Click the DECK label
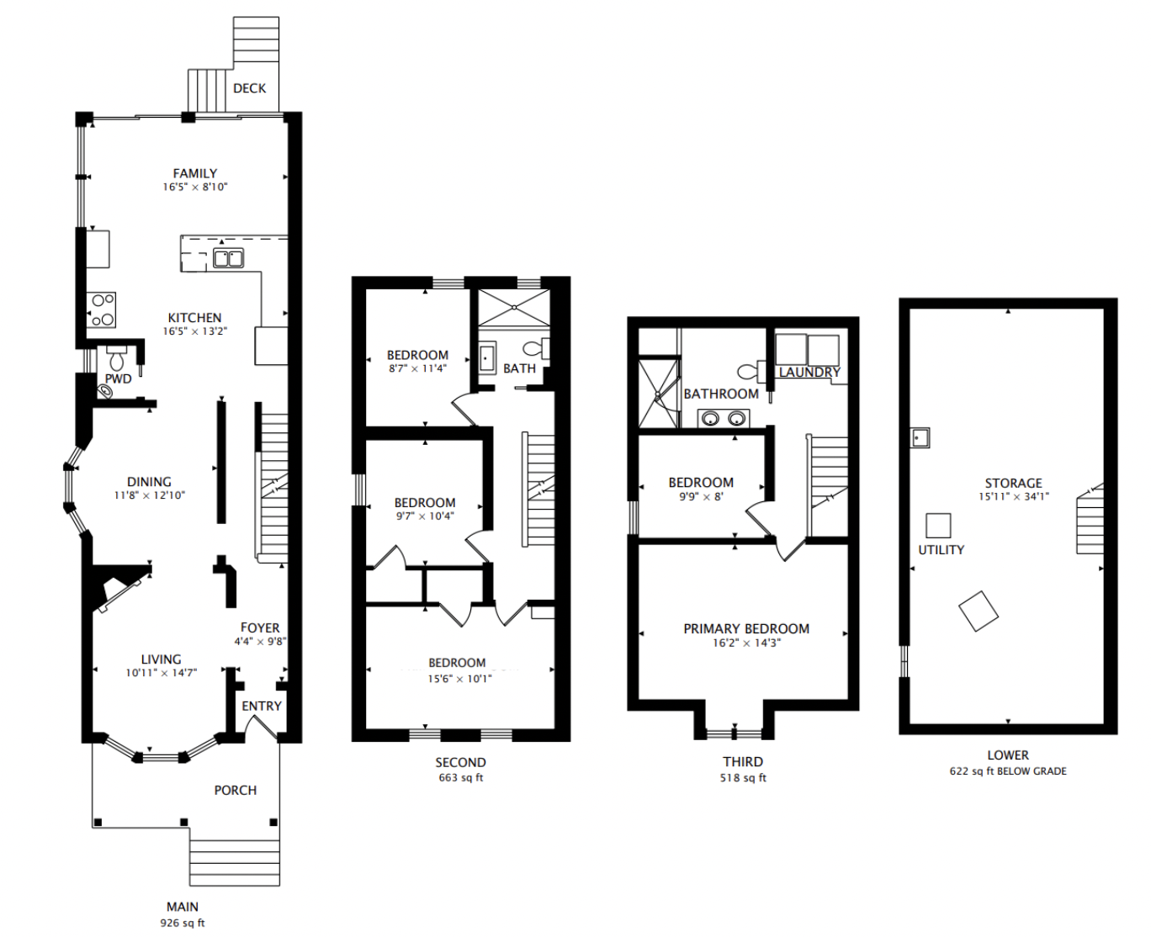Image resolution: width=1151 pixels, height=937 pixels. (249, 88)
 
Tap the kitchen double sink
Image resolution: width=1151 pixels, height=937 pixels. (228, 258)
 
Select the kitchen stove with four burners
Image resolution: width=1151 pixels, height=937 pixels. (102, 310)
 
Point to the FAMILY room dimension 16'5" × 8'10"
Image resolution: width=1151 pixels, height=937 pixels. (195, 187)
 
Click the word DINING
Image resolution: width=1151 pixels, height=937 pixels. (149, 482)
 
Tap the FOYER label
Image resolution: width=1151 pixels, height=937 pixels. (260, 627)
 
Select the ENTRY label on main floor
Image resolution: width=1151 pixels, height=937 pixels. (262, 706)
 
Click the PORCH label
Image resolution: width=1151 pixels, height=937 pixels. (235, 790)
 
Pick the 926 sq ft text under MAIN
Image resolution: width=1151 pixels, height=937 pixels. (183, 923)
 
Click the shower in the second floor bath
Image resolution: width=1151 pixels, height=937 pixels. (514, 308)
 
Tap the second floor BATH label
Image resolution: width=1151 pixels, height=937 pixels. (519, 368)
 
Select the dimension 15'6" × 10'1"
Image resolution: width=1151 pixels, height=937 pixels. (460, 678)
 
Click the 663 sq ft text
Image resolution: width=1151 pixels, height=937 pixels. (460, 778)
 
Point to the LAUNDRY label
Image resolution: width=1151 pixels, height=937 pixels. (809, 372)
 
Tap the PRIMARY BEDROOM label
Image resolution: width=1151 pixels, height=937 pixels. (746, 628)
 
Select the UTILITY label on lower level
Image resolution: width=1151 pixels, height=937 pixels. (941, 550)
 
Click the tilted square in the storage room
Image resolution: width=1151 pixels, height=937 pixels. (978, 611)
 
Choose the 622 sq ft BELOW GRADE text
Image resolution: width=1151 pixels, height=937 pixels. (1008, 771)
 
